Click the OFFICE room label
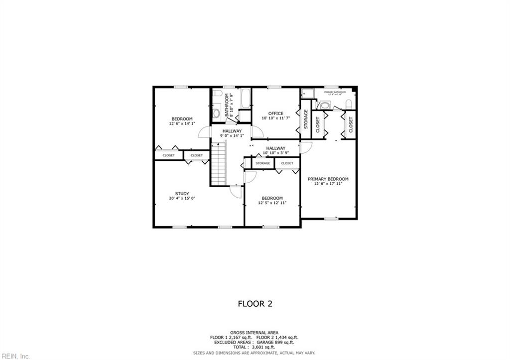pyautogui.click(x=275, y=114)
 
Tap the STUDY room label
pyautogui.click(x=182, y=193)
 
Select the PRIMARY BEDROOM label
pyautogui.click(x=328, y=179)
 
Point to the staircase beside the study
pyautogui.click(x=219, y=162)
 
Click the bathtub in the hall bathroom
pyautogui.click(x=245, y=98)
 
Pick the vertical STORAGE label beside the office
pyautogui.click(x=306, y=120)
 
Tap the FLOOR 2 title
pyautogui.click(x=255, y=303)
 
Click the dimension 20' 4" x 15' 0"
pyautogui.click(x=182, y=198)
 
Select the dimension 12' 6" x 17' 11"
pyautogui.click(x=328, y=184)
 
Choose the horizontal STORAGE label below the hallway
pyautogui.click(x=263, y=163)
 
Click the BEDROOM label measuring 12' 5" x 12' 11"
pyautogui.click(x=272, y=198)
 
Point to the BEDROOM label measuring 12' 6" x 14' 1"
pyautogui.click(x=182, y=119)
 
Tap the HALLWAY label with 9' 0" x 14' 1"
pyautogui.click(x=232, y=131)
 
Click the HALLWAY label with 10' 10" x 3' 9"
pyautogui.click(x=275, y=148)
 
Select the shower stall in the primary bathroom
pyautogui.click(x=307, y=93)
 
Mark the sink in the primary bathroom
pyautogui.click(x=325, y=105)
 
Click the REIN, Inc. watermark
pyautogui.click(x=15, y=356)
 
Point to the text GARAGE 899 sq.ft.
pyautogui.click(x=275, y=342)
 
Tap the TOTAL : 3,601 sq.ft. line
pyautogui.click(x=255, y=347)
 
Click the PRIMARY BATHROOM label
pyautogui.click(x=335, y=92)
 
